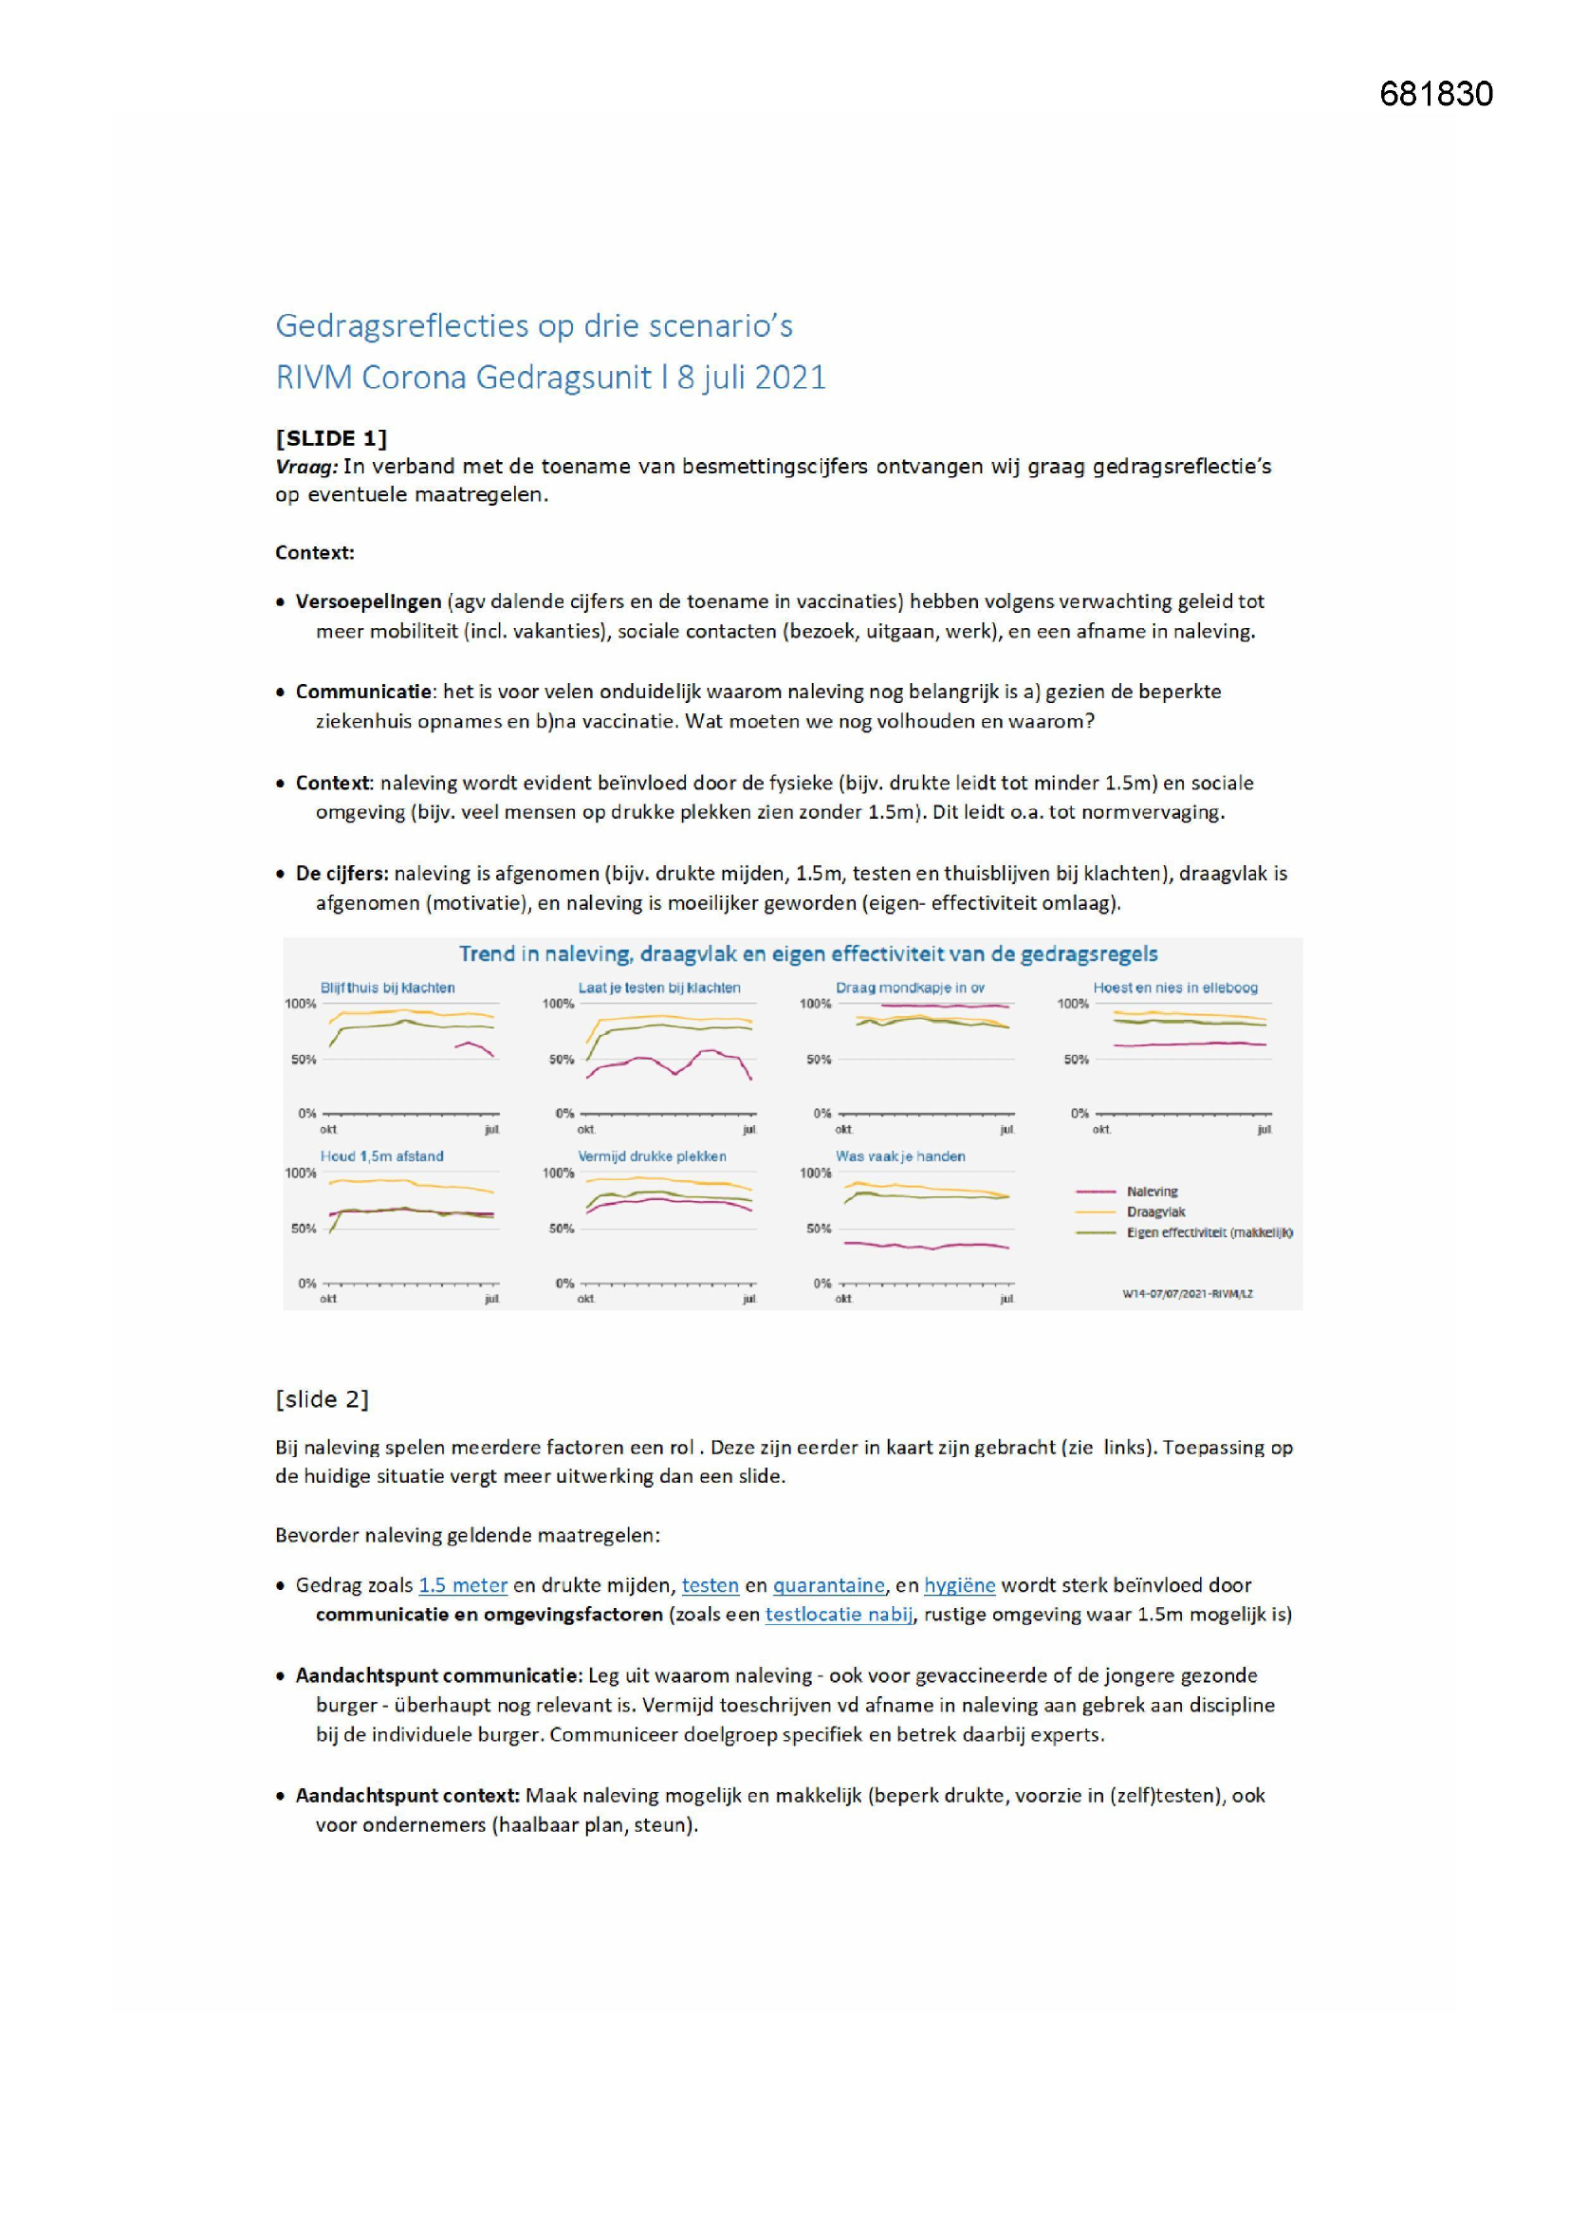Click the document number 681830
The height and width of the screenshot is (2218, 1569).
(1435, 94)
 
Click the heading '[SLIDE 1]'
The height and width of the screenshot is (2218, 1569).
(330, 437)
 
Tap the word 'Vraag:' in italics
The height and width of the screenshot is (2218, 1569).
(306, 467)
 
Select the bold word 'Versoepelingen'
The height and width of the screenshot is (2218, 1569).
(368, 601)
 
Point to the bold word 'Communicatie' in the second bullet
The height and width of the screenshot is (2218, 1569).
(363, 692)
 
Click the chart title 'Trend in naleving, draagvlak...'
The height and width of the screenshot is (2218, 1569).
(807, 954)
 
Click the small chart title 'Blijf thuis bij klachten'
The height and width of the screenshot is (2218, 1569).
(387, 988)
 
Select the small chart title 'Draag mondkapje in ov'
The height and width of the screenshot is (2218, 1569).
(910, 988)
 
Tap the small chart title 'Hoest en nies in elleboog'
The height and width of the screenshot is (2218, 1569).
(1174, 988)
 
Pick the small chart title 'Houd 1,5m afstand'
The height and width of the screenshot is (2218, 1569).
(381, 1156)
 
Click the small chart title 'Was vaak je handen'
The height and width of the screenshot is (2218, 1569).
(900, 1156)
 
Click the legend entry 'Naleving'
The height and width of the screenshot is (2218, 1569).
(1152, 1192)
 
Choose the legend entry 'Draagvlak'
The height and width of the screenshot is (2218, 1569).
(1155, 1212)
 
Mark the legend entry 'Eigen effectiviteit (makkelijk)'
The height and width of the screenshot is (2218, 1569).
(1209, 1232)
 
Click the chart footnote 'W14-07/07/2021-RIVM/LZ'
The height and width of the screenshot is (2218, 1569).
(1188, 1293)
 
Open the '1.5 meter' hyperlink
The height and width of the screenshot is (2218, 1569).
(463, 1585)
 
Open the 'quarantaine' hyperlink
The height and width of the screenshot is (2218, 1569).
(828, 1585)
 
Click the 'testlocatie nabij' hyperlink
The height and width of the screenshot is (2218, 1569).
(839, 1615)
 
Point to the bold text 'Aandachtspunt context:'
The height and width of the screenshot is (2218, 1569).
(408, 1796)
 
